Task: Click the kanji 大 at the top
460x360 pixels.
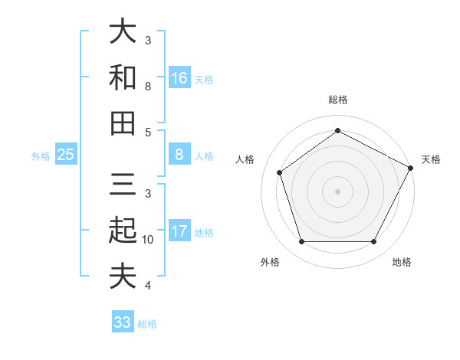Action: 123,32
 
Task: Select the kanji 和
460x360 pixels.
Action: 123,78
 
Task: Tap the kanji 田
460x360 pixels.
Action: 123,123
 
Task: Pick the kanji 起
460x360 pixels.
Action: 123,231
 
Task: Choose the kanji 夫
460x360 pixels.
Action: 123,276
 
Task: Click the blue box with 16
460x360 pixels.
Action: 179,77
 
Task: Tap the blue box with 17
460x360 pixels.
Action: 179,231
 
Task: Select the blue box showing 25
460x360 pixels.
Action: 66,155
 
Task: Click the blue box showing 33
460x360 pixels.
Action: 123,322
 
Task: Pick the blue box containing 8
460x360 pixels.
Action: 179,155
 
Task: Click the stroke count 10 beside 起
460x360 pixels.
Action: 148,240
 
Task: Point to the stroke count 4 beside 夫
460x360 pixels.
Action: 148,286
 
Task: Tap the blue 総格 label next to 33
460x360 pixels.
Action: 147,324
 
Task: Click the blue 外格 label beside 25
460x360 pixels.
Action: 41,156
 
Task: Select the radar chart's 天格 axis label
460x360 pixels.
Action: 432,159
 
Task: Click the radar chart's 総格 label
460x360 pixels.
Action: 337,100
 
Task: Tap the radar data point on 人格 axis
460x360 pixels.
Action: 280,172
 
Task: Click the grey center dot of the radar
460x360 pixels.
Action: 337,191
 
